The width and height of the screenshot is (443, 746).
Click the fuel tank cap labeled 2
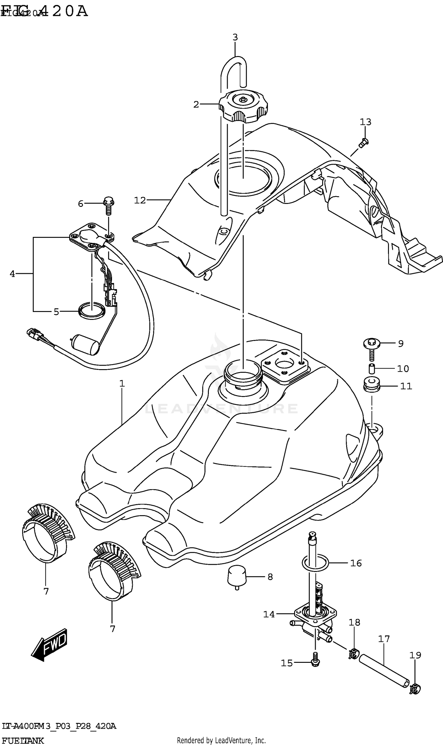coord(243,107)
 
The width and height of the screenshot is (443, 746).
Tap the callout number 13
coord(365,122)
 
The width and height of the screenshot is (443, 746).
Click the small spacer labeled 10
coord(372,368)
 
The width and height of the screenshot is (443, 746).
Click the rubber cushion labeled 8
coord(237,575)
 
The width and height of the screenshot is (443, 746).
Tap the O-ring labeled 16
coord(315,563)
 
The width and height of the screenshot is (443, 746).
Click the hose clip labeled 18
coord(353,654)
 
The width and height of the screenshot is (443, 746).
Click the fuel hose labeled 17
coord(384,671)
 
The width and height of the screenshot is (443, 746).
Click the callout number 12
coord(139,200)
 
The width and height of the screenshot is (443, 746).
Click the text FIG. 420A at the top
coord(45,11)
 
